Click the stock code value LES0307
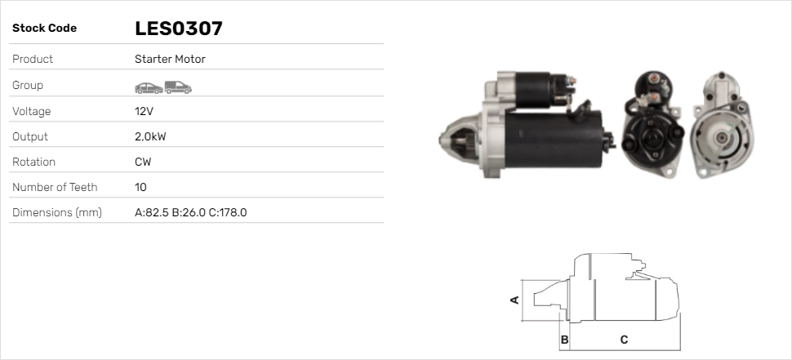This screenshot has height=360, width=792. click(x=179, y=29)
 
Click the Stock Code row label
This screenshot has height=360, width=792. click(x=44, y=29)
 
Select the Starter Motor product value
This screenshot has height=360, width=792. click(x=170, y=59)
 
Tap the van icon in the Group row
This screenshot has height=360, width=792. click(x=177, y=86)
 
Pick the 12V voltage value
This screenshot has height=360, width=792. click(x=144, y=111)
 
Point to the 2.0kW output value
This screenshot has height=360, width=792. click(x=150, y=136)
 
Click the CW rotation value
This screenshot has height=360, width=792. click(x=143, y=162)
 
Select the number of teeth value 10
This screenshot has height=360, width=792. click(x=140, y=187)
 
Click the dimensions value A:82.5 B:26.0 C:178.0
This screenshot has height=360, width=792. click(x=190, y=212)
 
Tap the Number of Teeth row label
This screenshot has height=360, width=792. click(x=55, y=187)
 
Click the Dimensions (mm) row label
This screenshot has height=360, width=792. click(x=56, y=212)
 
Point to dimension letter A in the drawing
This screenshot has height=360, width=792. click(x=514, y=300)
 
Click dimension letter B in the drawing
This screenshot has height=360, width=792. click(x=564, y=339)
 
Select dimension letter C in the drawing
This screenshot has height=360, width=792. click(x=624, y=339)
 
